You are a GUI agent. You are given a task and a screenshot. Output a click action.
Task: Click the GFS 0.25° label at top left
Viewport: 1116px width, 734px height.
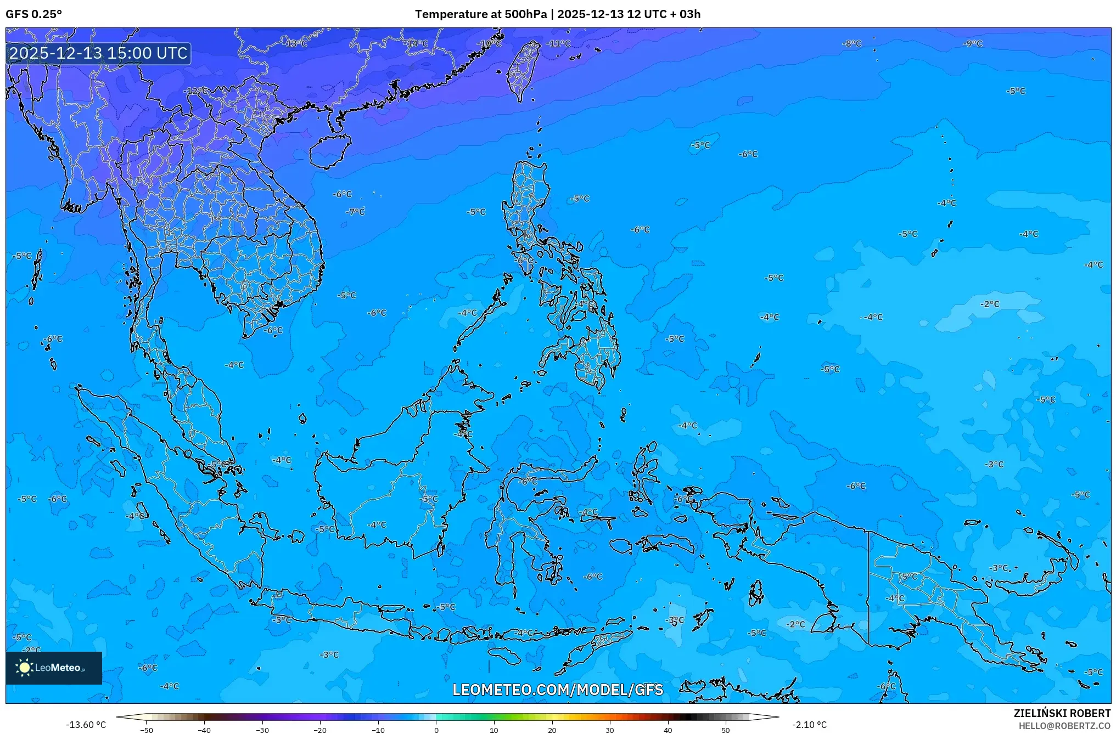click(33, 14)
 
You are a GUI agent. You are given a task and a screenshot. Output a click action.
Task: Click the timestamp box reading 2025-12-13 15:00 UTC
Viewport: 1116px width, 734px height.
click(98, 53)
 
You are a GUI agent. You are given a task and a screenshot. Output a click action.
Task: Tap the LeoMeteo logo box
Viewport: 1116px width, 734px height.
click(54, 668)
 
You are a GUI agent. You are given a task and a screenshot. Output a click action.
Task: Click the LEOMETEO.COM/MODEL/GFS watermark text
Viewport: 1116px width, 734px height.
click(558, 690)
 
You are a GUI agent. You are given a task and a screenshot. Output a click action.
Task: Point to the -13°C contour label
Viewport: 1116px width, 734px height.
click(296, 43)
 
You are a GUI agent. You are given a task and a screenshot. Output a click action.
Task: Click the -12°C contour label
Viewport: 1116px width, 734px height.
click(198, 91)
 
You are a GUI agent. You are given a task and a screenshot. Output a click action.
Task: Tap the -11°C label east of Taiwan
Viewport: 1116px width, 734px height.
click(559, 43)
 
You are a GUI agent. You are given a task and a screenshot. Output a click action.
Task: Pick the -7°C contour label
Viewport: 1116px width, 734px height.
click(355, 212)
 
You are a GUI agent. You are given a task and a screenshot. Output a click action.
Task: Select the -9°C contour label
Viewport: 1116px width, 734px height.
click(973, 43)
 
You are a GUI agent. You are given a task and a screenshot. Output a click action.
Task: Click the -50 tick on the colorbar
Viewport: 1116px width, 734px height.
click(147, 730)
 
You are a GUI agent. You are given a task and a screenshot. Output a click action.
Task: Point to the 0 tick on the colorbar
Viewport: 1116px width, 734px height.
click(436, 730)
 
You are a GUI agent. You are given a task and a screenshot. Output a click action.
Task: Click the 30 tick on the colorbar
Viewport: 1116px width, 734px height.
click(610, 730)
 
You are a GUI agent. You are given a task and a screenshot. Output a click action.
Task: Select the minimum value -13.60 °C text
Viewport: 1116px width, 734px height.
click(86, 725)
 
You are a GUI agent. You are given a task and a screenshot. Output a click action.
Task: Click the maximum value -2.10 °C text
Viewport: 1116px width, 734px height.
click(809, 725)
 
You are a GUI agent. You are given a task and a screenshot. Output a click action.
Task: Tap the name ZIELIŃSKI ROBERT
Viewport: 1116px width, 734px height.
click(1062, 713)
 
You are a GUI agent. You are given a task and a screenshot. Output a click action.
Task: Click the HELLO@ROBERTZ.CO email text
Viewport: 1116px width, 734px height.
click(1064, 726)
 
